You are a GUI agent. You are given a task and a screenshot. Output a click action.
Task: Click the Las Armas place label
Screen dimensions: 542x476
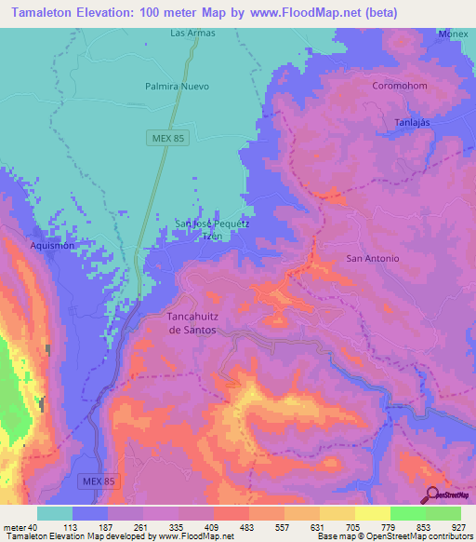pos(192,33)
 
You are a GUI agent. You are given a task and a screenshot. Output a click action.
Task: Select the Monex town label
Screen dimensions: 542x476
pos(454,34)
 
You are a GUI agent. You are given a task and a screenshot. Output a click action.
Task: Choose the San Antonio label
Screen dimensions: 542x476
pos(372,258)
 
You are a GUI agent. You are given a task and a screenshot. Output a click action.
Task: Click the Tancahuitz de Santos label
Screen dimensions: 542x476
pos(192,323)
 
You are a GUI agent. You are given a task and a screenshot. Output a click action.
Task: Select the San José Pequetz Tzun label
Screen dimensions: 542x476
pos(212,229)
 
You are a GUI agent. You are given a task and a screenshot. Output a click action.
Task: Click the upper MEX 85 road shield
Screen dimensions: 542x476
pos(165,138)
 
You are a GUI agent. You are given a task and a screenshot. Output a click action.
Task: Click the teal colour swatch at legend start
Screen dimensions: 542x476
pos(55,513)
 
